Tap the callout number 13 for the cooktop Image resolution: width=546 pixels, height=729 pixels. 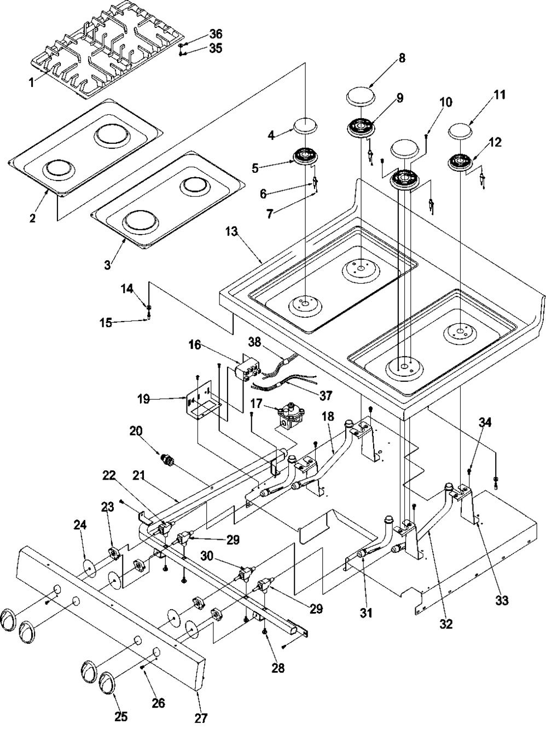231,232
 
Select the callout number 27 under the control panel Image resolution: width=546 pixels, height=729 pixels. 201,718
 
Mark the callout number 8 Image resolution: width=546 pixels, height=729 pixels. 402,59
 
